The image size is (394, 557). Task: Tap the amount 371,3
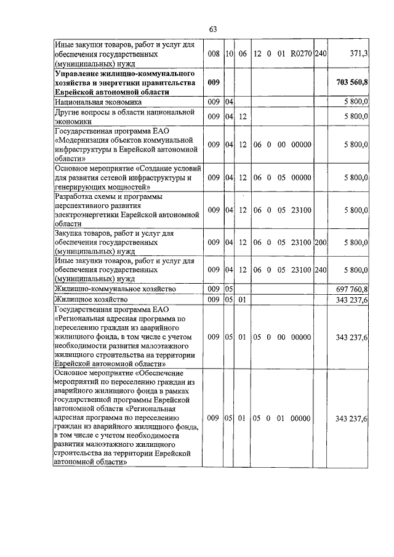359,54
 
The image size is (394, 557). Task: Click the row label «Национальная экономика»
98,102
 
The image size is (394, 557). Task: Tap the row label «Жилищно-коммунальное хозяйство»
116,289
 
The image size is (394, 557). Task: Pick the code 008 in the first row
214,54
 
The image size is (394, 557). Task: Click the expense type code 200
320,242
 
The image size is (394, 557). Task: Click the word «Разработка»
75,196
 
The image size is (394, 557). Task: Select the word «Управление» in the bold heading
78,74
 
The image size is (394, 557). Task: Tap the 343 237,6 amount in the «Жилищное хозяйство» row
352,300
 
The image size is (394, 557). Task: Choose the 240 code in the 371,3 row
320,54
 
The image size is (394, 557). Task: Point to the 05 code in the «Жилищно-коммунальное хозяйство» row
228,289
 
